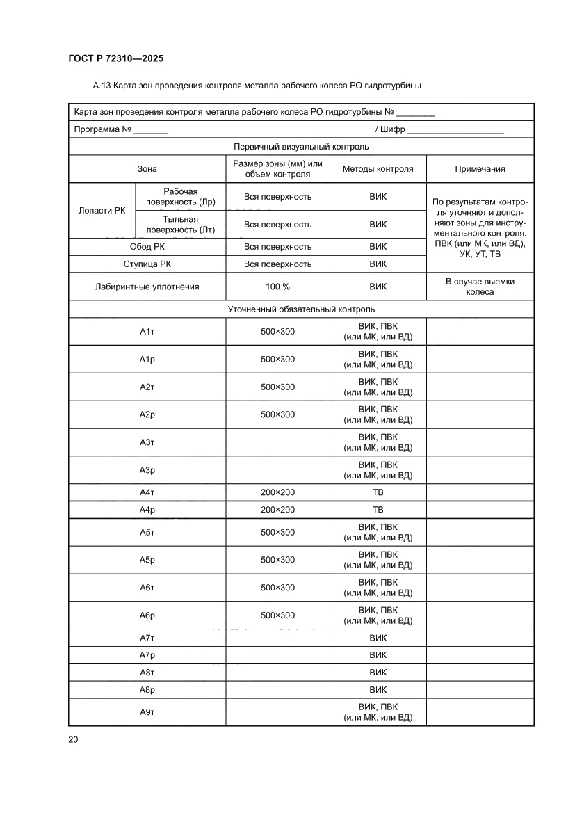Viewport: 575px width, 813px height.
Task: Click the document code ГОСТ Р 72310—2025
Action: click(116, 59)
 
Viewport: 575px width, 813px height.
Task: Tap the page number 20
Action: click(73, 739)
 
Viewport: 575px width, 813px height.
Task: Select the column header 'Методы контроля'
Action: click(378, 169)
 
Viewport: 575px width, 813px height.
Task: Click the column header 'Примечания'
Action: click(480, 169)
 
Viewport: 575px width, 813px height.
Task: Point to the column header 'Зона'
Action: click(147, 169)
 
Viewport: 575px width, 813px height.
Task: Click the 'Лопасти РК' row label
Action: click(102, 211)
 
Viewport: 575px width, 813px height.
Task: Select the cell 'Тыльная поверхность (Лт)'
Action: click(181, 224)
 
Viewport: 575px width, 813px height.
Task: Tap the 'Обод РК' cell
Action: click(147, 247)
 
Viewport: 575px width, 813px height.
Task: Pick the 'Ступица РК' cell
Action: click(147, 264)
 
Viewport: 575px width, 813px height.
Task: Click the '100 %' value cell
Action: click(277, 287)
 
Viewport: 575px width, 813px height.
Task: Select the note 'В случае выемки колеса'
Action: click(480, 287)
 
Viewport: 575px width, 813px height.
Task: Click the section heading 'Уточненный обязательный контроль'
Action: click(301, 309)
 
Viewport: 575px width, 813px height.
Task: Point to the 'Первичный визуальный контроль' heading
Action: click(301, 147)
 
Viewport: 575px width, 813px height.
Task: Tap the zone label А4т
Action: click(147, 492)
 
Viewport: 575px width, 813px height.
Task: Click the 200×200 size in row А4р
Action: click(277, 510)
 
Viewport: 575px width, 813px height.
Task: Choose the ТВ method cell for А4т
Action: click(378, 492)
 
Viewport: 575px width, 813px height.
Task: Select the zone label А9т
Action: click(147, 712)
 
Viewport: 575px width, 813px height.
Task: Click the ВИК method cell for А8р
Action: click(378, 690)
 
